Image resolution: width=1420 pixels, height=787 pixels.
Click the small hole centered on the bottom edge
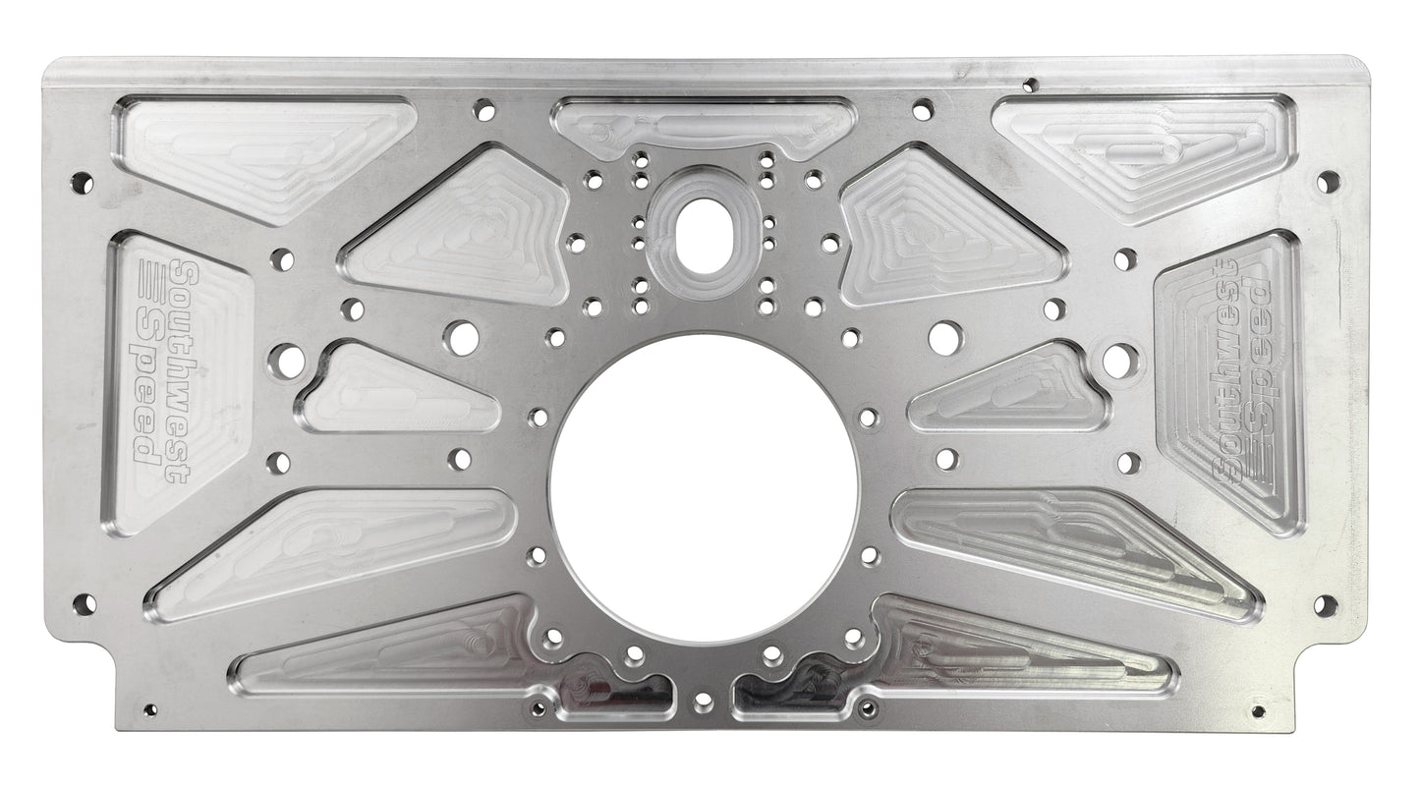click(703, 702)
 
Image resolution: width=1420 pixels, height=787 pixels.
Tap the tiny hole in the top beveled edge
click(1029, 85)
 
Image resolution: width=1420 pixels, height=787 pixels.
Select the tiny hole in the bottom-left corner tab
click(149, 709)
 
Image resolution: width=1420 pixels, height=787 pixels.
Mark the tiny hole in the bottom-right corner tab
click(1258, 710)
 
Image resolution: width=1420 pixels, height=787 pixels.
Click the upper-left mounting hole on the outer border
click(83, 183)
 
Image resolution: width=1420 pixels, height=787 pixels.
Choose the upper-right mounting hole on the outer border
click(1328, 182)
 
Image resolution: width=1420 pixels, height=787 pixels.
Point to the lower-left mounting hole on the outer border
click(84, 603)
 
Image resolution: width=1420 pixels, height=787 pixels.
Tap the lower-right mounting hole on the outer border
click(1325, 604)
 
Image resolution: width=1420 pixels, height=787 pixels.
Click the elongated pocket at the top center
click(704, 126)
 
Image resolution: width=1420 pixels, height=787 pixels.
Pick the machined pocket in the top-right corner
click(1145, 152)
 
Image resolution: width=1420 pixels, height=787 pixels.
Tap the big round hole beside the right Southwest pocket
click(1120, 361)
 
